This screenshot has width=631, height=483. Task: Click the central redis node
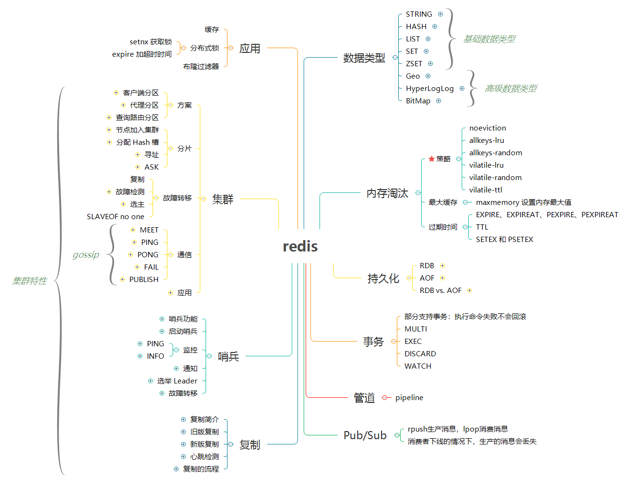[x=300, y=246]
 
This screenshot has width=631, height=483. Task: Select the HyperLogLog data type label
[x=429, y=89]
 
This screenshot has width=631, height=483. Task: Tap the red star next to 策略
[x=431, y=159]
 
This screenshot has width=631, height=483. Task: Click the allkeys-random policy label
[x=496, y=152]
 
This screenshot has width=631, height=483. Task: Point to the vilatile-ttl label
[x=486, y=190]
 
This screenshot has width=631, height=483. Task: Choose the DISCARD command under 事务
[x=420, y=353]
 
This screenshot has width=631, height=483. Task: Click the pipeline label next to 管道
[x=409, y=397]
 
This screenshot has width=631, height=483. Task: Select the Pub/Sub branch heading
[x=365, y=435]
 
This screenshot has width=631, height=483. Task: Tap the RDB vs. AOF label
[x=440, y=290]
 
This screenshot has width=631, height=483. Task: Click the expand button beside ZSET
[x=430, y=63]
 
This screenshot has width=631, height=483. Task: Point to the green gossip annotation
[x=86, y=254]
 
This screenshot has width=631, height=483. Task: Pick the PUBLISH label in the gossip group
[x=144, y=279]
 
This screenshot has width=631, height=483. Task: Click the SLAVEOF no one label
[x=115, y=217]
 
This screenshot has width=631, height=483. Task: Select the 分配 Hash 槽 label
[x=137, y=142]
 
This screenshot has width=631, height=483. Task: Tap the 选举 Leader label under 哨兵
[x=177, y=381]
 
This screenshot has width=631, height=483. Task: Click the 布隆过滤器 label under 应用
[x=201, y=66]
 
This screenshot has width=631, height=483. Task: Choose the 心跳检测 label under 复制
[x=204, y=456]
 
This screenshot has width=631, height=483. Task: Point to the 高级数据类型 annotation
[x=510, y=89]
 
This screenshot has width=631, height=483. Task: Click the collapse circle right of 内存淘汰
[x=418, y=192]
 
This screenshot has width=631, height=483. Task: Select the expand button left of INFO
[x=140, y=356]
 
